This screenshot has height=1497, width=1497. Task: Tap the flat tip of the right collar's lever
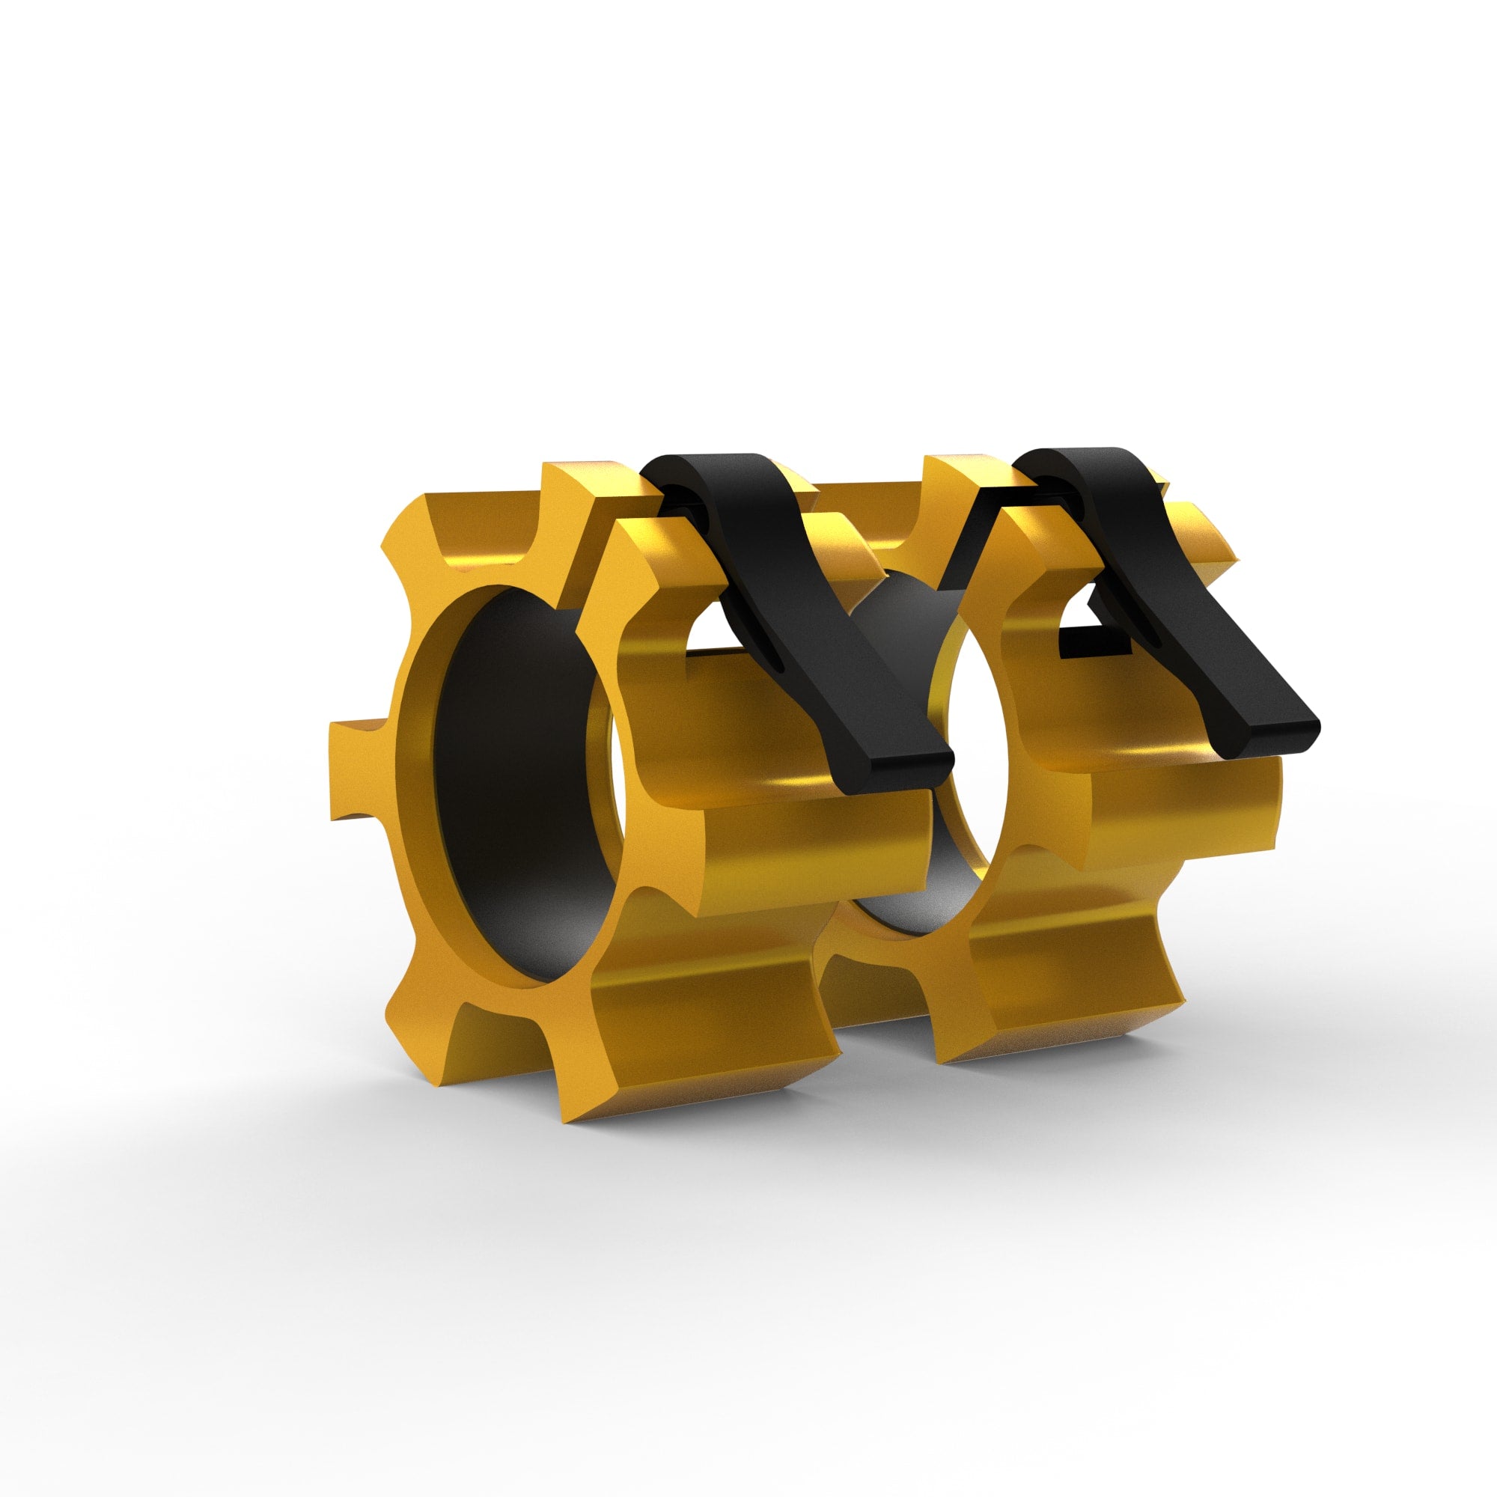point(1271,736)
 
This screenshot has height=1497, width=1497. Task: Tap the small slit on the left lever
point(775,651)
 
